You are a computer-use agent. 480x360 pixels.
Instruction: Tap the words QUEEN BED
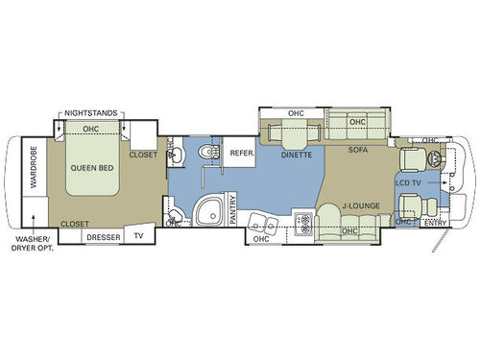[x=93, y=164]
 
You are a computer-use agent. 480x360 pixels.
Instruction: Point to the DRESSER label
[x=103, y=235]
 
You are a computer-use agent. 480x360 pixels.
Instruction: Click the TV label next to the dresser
[x=139, y=235]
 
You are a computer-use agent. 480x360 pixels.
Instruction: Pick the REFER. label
[x=238, y=153]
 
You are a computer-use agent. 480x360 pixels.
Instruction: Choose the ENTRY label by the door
[x=435, y=224]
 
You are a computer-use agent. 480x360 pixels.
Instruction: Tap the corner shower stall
[x=206, y=212]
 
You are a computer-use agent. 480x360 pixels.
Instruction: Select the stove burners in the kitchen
[x=302, y=223]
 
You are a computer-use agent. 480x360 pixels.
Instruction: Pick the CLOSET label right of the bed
[x=143, y=153]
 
